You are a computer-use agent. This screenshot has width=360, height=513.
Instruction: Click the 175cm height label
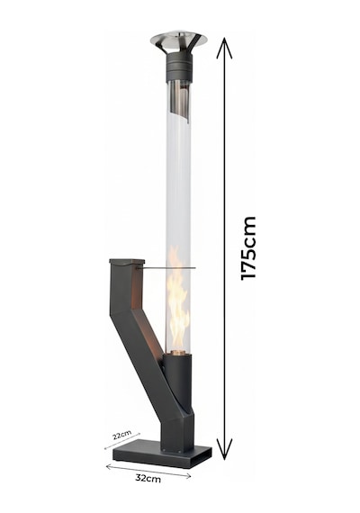coord(247,247)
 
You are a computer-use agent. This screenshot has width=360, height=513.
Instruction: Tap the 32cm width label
coord(148,478)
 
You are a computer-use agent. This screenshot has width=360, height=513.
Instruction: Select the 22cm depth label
coord(121,436)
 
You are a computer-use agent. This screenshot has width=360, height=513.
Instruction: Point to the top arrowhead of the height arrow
coord(224,48)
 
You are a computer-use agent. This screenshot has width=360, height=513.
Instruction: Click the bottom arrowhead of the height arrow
coord(224,449)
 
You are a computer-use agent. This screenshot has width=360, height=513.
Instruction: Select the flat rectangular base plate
coord(162,454)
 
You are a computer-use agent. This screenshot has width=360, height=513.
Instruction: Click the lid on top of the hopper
coord(127,261)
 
